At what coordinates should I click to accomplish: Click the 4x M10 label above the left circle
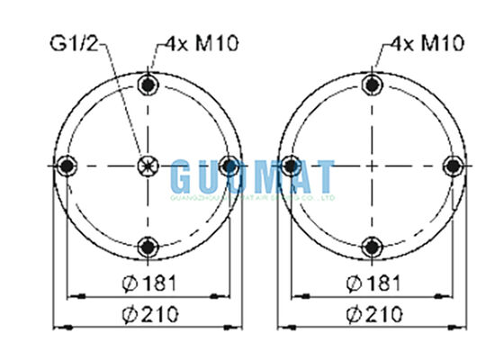coord(201,42)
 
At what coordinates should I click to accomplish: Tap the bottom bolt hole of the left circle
coord(148,245)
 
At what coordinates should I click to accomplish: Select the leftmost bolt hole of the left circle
coord(66,166)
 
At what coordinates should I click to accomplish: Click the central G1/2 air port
coord(148,166)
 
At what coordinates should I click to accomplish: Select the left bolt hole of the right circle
coord(290,166)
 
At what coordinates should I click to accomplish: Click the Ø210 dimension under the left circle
coord(149,314)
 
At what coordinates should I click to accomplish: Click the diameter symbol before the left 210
coord(127,314)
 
